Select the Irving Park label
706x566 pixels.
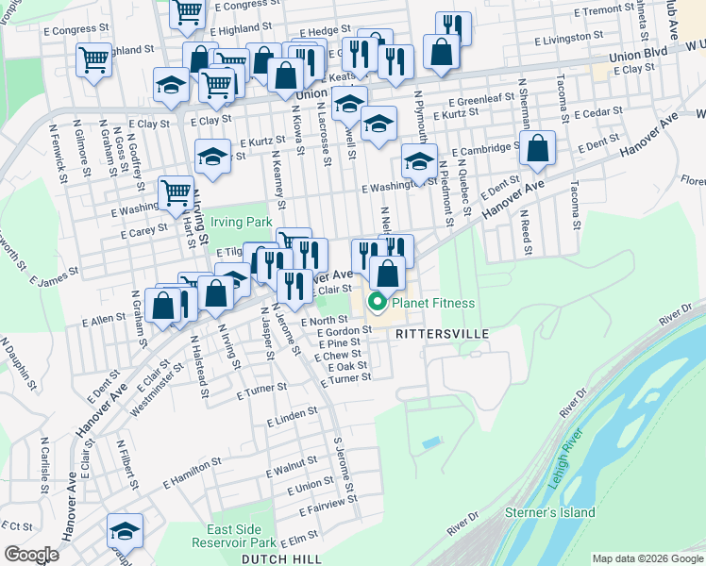pos(241,222)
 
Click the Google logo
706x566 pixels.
pos(32,554)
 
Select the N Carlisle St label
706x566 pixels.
pos(43,465)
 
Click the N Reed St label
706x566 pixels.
pos(525,232)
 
